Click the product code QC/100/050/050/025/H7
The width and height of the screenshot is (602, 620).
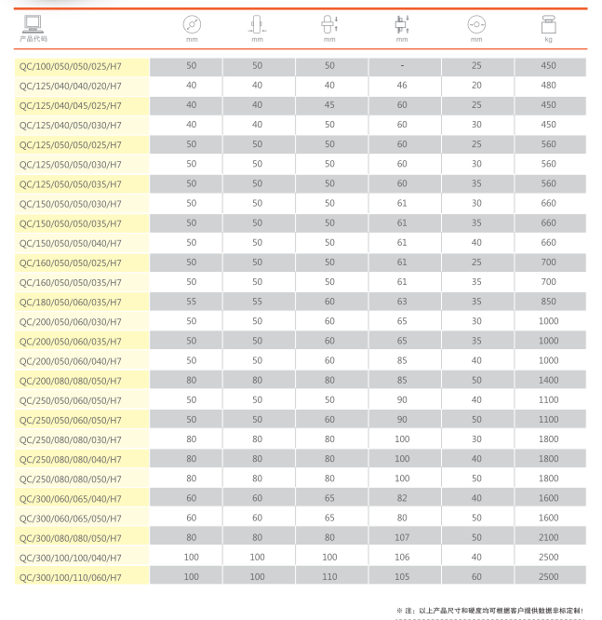[71, 66]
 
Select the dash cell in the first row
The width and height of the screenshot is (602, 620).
[402, 66]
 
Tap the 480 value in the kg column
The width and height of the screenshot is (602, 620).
[548, 86]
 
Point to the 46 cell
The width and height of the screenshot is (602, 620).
[402, 86]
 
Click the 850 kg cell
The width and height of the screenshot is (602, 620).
[548, 302]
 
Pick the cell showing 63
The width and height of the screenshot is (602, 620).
[402, 302]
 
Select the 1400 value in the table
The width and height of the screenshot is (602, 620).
[548, 380]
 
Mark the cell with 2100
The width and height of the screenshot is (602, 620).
[548, 537]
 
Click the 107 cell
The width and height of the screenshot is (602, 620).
[402, 537]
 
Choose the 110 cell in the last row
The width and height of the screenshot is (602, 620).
[329, 576]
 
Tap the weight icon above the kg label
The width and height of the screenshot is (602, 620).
[548, 25]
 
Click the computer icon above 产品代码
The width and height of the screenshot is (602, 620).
[33, 24]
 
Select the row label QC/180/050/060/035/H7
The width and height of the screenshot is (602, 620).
[71, 302]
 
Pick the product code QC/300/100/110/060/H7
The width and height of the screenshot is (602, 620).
[71, 576]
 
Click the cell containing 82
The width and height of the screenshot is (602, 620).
[402, 498]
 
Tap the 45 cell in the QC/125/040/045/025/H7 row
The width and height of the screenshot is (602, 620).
[329, 105]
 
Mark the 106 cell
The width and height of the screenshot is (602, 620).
[402, 557]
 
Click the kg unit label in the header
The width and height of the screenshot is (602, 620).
[548, 40]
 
